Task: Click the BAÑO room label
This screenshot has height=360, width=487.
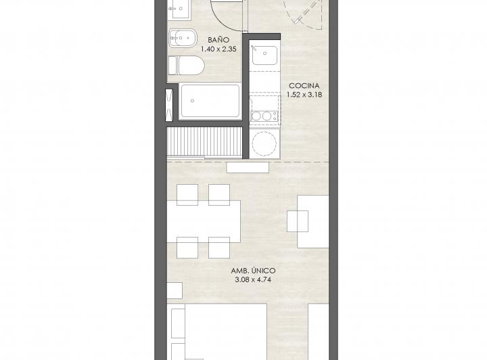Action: click(x=218, y=40)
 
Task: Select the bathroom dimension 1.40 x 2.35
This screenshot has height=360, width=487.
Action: click(x=218, y=49)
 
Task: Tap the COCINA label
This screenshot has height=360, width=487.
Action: click(x=304, y=85)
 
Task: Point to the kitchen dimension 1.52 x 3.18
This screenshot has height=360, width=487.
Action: click(x=304, y=95)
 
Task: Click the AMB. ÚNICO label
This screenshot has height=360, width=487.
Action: click(x=253, y=271)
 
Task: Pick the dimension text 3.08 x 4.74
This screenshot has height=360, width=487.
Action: click(x=253, y=279)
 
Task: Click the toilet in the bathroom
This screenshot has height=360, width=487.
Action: click(x=186, y=66)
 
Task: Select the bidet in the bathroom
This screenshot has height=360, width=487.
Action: click(x=183, y=39)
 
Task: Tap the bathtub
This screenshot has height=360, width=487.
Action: click(x=210, y=102)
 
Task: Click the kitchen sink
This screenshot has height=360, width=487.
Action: click(x=264, y=55)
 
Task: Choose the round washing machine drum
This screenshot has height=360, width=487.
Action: click(x=264, y=143)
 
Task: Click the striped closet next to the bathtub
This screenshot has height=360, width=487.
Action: click(x=204, y=141)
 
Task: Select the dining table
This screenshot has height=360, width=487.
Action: click(x=204, y=221)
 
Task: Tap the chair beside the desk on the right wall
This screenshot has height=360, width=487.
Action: click(x=298, y=221)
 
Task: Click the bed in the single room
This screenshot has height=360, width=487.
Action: click(x=217, y=332)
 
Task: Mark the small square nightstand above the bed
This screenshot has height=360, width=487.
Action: click(x=175, y=291)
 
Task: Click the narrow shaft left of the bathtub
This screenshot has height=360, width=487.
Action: click(x=169, y=105)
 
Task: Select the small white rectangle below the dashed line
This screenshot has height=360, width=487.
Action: click(x=248, y=168)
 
